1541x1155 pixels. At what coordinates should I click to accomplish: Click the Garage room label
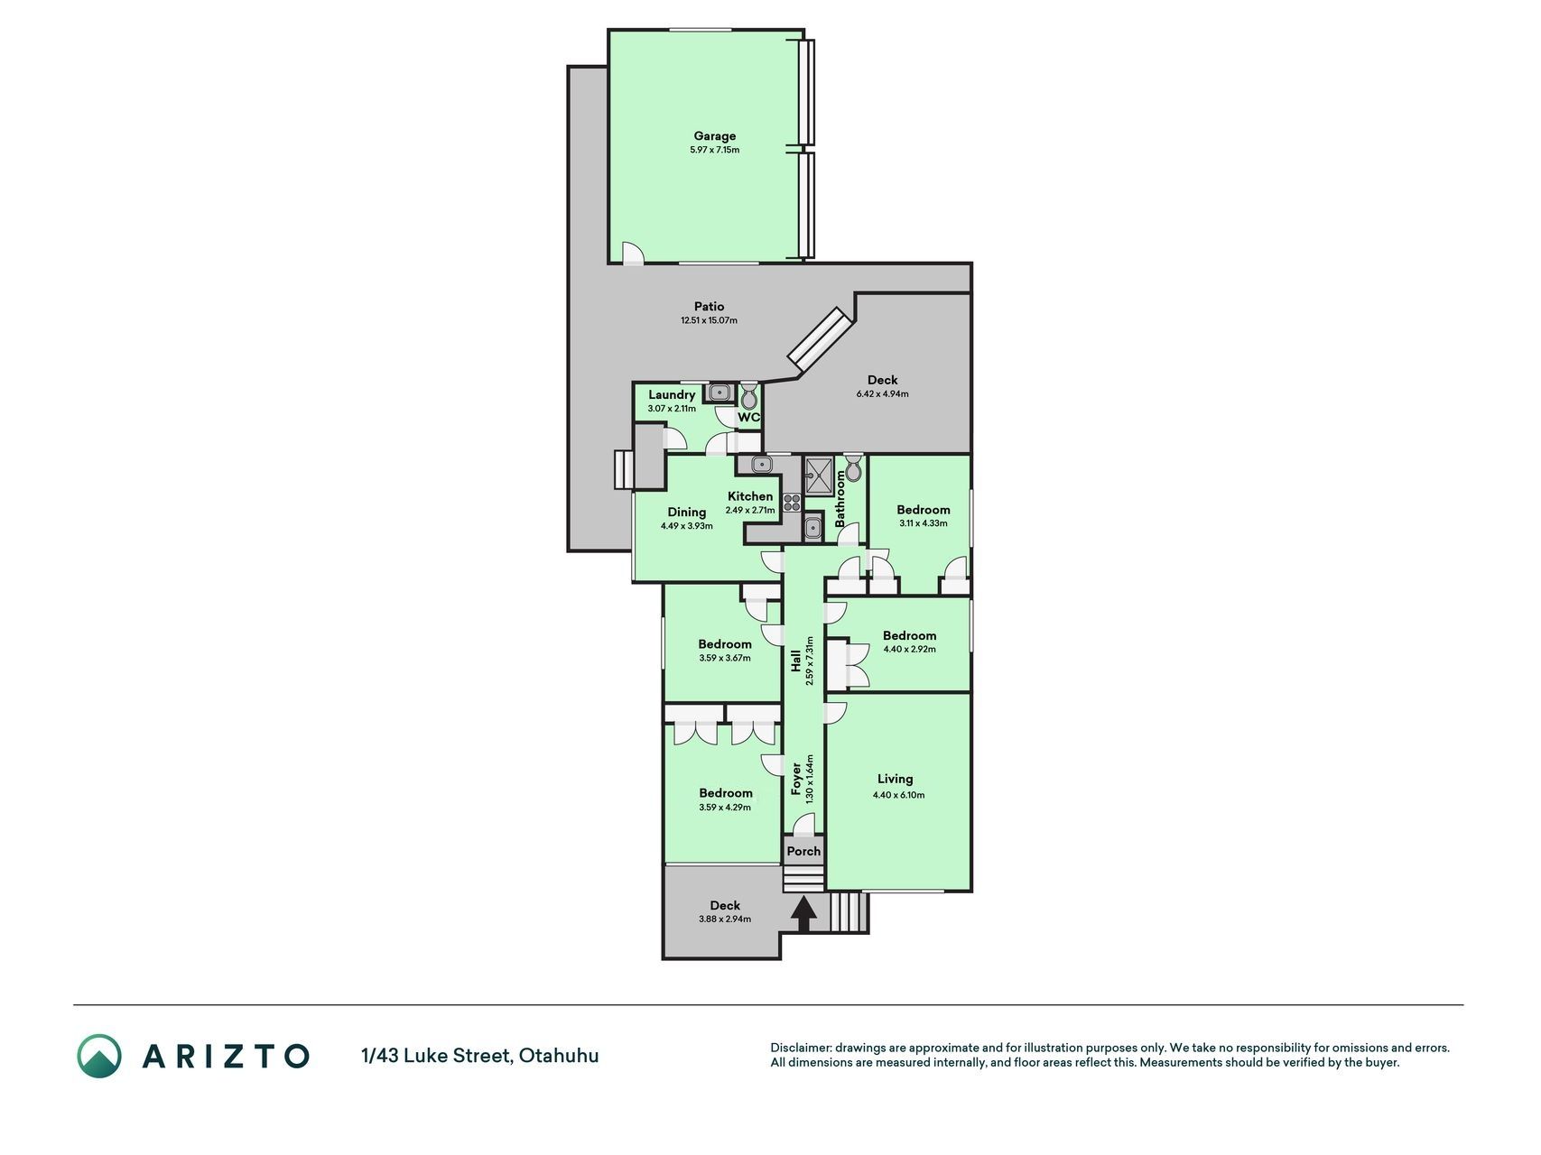coord(714,136)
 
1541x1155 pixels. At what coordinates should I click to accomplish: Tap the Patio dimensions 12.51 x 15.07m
coord(709,320)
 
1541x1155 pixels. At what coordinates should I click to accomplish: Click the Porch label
coord(803,851)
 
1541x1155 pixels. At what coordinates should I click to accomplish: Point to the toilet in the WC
coord(749,395)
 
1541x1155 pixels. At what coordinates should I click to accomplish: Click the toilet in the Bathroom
coord(853,468)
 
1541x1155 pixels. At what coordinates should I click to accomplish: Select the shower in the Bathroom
coord(820,476)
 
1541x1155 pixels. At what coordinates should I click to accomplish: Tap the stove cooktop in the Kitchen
coord(793,502)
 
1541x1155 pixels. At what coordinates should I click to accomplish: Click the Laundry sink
coord(719,393)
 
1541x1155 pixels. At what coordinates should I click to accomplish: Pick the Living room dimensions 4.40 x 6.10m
coord(898,795)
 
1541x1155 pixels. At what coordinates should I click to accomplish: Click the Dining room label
coord(687,512)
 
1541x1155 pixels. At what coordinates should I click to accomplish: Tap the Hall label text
coord(796,661)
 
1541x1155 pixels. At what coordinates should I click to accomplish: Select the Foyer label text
coord(796,779)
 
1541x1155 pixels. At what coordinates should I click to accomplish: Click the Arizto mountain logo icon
coord(98,1055)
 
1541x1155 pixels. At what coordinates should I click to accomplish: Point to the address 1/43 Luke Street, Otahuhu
coord(479,1055)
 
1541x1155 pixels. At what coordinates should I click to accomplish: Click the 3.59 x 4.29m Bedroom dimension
coord(725,808)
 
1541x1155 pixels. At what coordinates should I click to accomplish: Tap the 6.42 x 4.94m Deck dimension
coord(882,393)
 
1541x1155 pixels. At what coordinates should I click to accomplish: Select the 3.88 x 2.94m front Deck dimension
coord(725,919)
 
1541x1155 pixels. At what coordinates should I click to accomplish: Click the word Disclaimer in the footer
coord(800,1048)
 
